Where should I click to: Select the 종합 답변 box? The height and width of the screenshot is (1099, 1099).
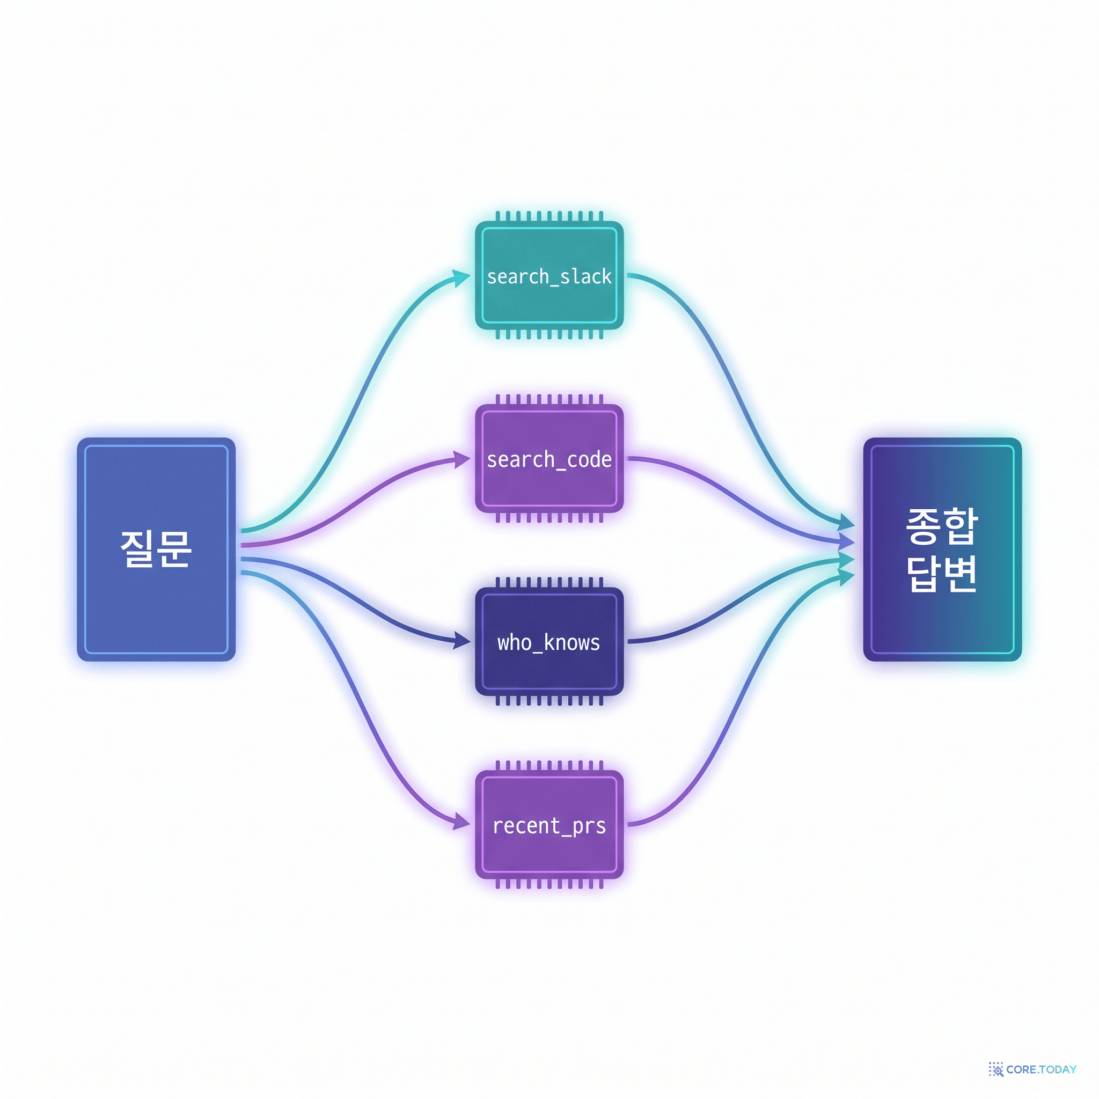tap(942, 549)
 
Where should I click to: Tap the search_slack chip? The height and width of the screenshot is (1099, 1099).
tap(549, 275)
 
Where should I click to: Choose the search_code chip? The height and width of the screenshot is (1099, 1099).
tap(549, 458)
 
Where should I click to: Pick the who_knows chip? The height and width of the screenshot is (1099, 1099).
tap(549, 642)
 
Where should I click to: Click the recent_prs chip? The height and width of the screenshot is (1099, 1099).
tap(549, 825)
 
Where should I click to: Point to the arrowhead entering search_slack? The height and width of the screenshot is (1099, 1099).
tap(462, 277)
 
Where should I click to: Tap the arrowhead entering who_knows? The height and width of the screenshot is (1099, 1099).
tap(462, 641)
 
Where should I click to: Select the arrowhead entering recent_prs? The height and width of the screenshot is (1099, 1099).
tap(462, 822)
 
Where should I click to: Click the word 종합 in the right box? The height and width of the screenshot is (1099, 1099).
tap(942, 525)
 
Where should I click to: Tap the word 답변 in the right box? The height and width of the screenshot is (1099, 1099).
tap(942, 574)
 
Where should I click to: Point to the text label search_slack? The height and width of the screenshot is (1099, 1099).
tap(549, 276)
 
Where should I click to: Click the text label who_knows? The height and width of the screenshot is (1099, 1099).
tap(549, 642)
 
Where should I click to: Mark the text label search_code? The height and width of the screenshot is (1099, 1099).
tap(549, 459)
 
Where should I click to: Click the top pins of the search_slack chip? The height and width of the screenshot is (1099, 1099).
tap(549, 216)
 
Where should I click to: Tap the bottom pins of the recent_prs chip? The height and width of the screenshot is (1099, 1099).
tap(549, 883)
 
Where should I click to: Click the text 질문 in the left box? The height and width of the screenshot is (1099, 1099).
tap(155, 549)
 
